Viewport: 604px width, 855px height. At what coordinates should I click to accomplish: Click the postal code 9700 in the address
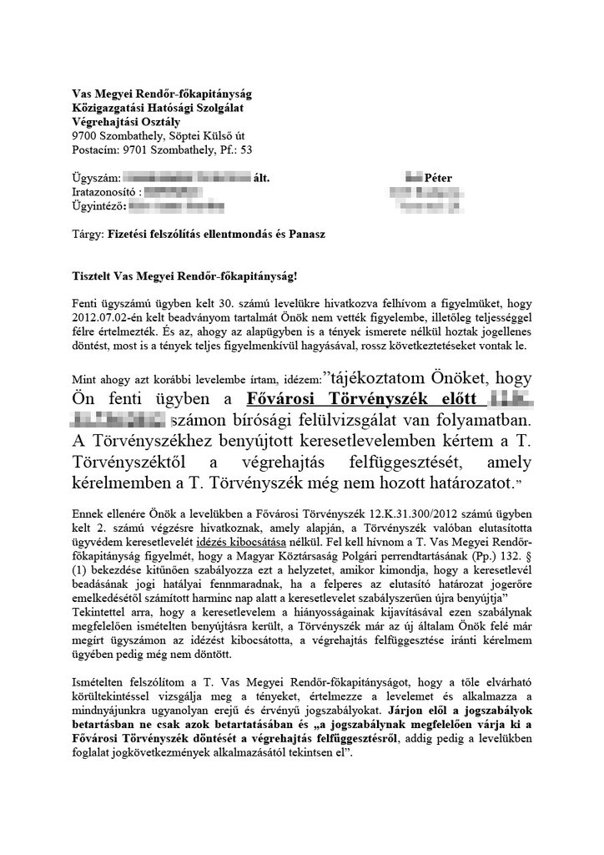(x=85, y=135)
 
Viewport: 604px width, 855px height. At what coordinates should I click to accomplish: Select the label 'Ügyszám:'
(x=95, y=179)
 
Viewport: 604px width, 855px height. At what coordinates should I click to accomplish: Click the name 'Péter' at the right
(x=438, y=179)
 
